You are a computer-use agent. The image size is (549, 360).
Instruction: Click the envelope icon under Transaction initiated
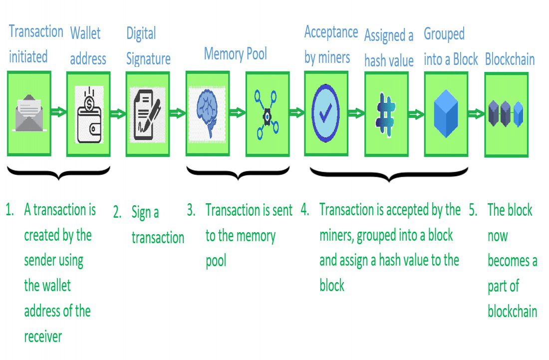pyautogui.click(x=29, y=113)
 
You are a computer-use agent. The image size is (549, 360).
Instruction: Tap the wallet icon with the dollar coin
pyautogui.click(x=89, y=114)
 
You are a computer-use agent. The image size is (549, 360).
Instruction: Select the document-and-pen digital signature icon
pyautogui.click(x=147, y=114)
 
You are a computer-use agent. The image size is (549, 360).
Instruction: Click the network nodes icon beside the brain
pyautogui.click(x=267, y=114)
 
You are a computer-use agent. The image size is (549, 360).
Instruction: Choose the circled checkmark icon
pyautogui.click(x=325, y=113)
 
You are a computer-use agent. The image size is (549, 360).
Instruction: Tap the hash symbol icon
pyautogui.click(x=385, y=114)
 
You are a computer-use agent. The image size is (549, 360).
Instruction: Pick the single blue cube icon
pyautogui.click(x=446, y=113)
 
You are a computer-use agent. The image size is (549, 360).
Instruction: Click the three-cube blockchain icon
pyautogui.click(x=506, y=113)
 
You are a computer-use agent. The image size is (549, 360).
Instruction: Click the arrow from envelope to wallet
pyautogui.click(x=58, y=112)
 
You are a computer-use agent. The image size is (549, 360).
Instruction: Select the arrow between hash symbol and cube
pyautogui.click(x=416, y=114)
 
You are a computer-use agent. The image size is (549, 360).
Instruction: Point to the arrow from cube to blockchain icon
pyautogui.click(x=476, y=114)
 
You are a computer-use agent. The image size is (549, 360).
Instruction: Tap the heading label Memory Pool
pyautogui.click(x=235, y=54)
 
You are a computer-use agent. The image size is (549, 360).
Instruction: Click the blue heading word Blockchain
pyautogui.click(x=510, y=59)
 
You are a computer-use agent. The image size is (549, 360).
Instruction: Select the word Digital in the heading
pyautogui.click(x=141, y=33)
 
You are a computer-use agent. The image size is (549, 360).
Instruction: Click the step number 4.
pyautogui.click(x=304, y=210)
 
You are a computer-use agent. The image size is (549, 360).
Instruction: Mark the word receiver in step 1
pyautogui.click(x=43, y=337)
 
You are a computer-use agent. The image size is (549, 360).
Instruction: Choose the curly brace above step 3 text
pyautogui.click(x=238, y=172)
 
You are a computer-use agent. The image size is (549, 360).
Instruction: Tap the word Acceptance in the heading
pyautogui.click(x=331, y=32)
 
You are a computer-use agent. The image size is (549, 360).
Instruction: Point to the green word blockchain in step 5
pyautogui.click(x=512, y=311)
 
